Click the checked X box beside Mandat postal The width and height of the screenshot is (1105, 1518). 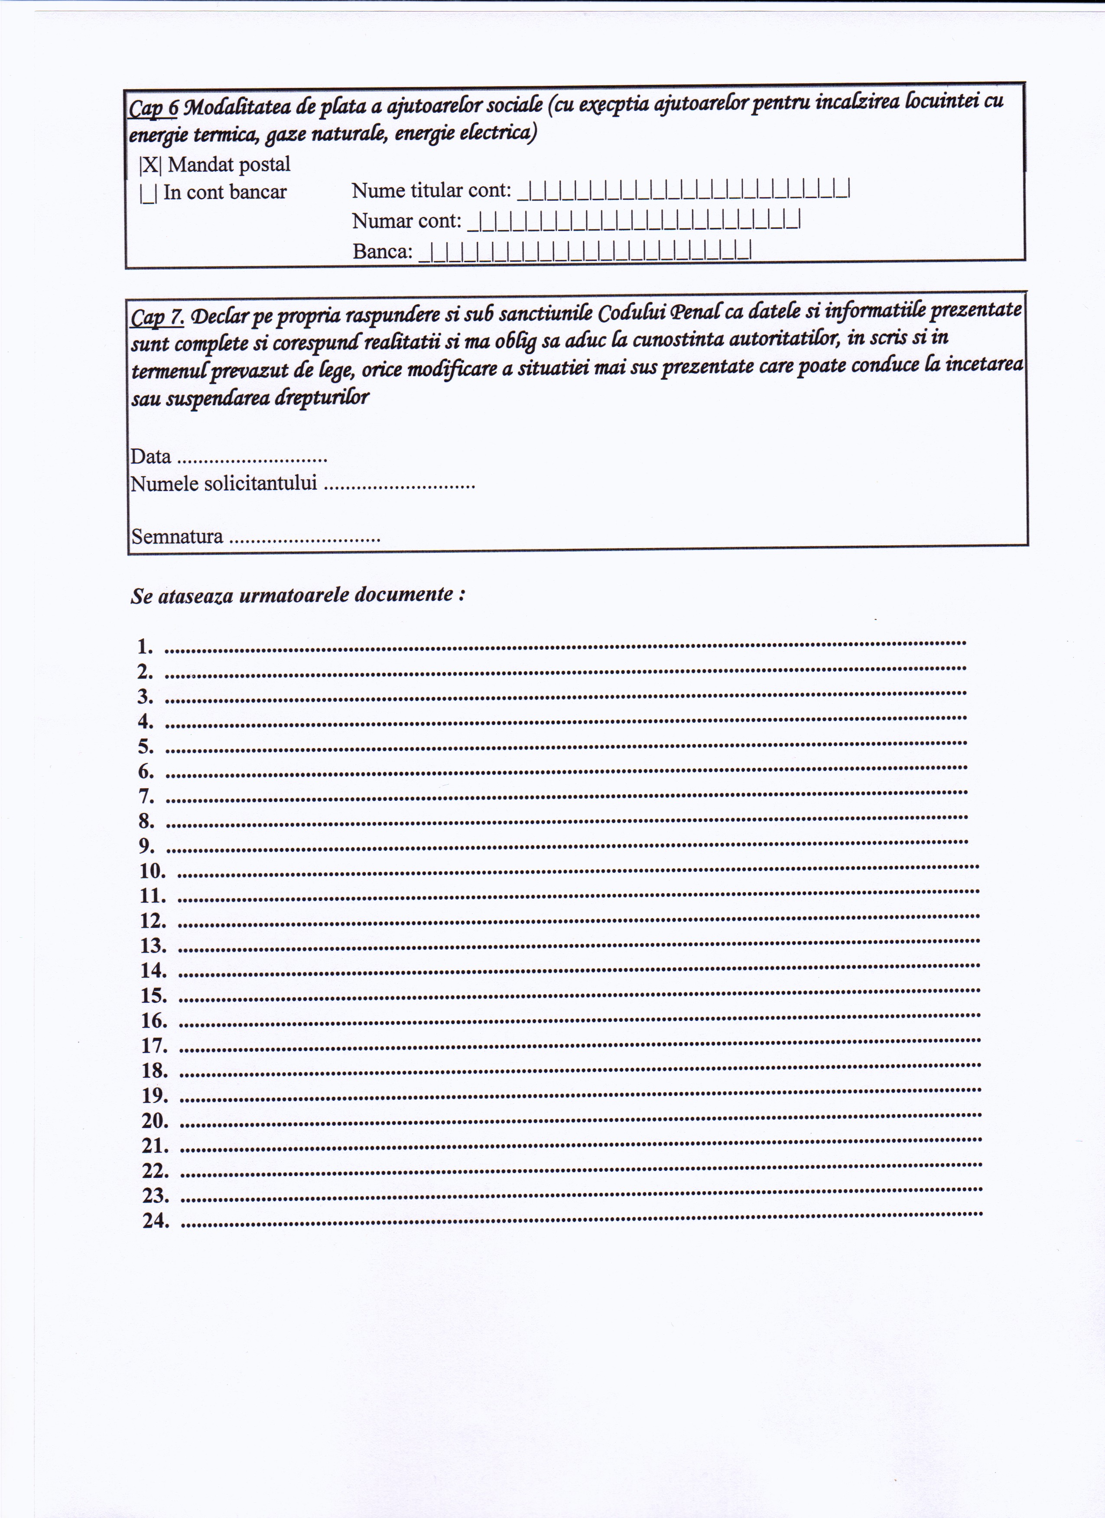150,165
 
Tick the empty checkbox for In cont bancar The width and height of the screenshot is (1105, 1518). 149,193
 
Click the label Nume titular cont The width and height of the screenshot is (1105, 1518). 431,191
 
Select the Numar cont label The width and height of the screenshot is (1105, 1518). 406,221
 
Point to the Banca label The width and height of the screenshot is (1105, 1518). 382,252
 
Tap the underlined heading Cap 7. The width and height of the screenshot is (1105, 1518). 156,317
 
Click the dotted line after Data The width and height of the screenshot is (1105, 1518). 253,460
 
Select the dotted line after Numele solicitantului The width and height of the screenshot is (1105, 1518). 399,487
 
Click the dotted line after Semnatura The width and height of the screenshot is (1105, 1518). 305,540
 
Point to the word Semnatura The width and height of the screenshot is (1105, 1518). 177,537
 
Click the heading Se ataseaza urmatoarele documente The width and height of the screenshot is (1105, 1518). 297,595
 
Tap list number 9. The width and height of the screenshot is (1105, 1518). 146,846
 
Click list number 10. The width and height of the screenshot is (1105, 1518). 153,871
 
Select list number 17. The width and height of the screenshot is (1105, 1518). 154,1046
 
